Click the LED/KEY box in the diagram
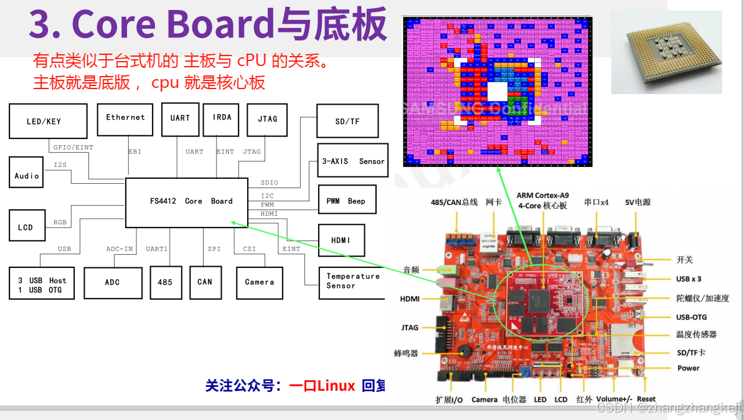48,122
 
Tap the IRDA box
221,119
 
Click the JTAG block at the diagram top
267,120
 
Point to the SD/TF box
347,122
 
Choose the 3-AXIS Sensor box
353,161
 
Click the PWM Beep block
347,201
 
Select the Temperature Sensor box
352,281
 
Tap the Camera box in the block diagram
259,282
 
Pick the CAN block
205,282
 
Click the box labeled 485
165,282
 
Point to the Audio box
27,176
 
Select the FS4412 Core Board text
191,201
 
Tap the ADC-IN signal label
120,249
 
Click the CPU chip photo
667,52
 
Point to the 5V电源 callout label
638,203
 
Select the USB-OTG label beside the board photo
692,317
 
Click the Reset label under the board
646,399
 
